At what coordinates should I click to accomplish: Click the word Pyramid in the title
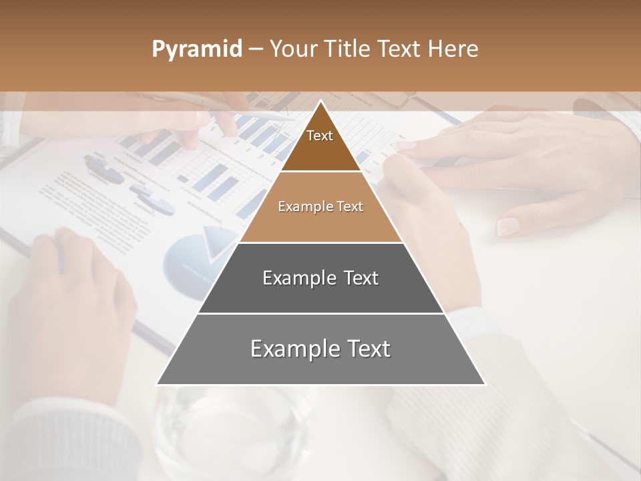[x=197, y=49]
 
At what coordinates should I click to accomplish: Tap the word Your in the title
[x=293, y=49]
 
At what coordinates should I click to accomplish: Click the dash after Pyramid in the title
[x=255, y=49]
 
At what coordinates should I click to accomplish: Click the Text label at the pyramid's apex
[x=320, y=136]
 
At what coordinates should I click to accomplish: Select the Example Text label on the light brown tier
[x=320, y=206]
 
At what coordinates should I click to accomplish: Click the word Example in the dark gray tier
[x=294, y=278]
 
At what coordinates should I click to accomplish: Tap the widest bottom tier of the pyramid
[x=320, y=367]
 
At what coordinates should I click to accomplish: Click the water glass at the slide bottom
[x=234, y=428]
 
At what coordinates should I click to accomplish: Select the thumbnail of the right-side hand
[x=509, y=226]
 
